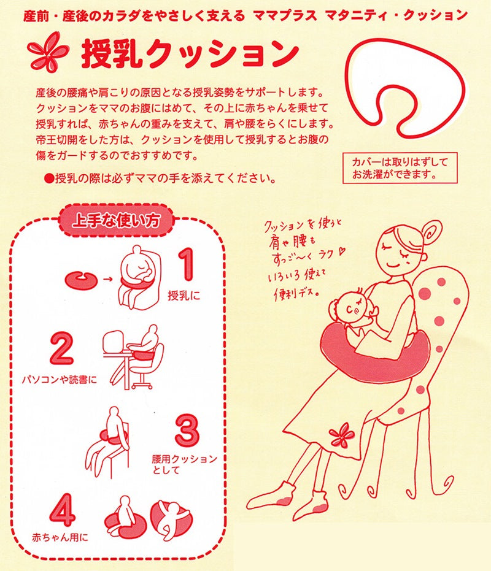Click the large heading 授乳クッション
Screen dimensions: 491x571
(x=190, y=55)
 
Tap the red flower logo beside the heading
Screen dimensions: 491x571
(x=48, y=52)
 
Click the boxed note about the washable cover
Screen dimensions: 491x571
(x=400, y=168)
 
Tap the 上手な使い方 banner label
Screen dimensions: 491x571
(x=117, y=221)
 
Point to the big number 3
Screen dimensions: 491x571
(x=187, y=431)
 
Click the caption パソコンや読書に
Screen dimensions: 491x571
(x=60, y=380)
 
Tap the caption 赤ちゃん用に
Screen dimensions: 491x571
(x=60, y=537)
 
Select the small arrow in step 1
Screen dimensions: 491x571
(x=107, y=280)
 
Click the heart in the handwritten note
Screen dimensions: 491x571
(x=341, y=251)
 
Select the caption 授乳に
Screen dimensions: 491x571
(x=184, y=295)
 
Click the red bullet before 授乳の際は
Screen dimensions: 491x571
(x=49, y=178)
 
